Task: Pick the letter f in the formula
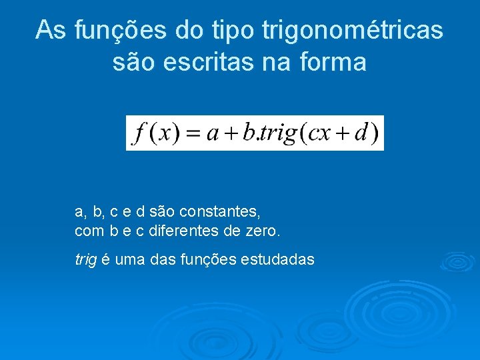139,133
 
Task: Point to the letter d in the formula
361,133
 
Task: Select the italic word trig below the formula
85,260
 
